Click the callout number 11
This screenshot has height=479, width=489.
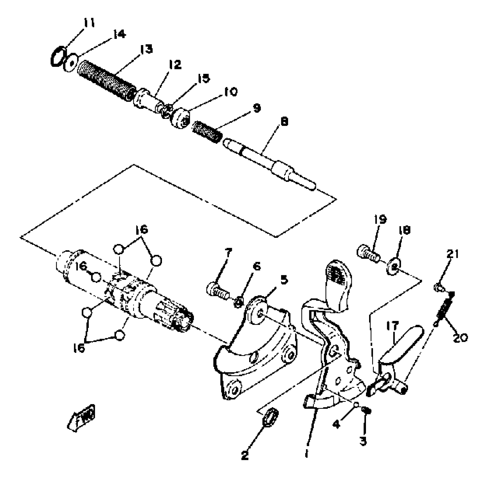pyautogui.click(x=89, y=23)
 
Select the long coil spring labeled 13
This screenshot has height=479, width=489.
pyautogui.click(x=106, y=80)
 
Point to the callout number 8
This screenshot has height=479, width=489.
pyautogui.click(x=285, y=122)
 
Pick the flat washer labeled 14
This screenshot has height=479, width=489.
pyautogui.click(x=71, y=62)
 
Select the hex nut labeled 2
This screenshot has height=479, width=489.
pyautogui.click(x=271, y=418)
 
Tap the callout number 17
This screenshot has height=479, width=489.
pyautogui.click(x=392, y=326)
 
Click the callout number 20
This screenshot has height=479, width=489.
pyautogui.click(x=460, y=338)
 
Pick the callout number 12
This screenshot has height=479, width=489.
pyautogui.click(x=175, y=64)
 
